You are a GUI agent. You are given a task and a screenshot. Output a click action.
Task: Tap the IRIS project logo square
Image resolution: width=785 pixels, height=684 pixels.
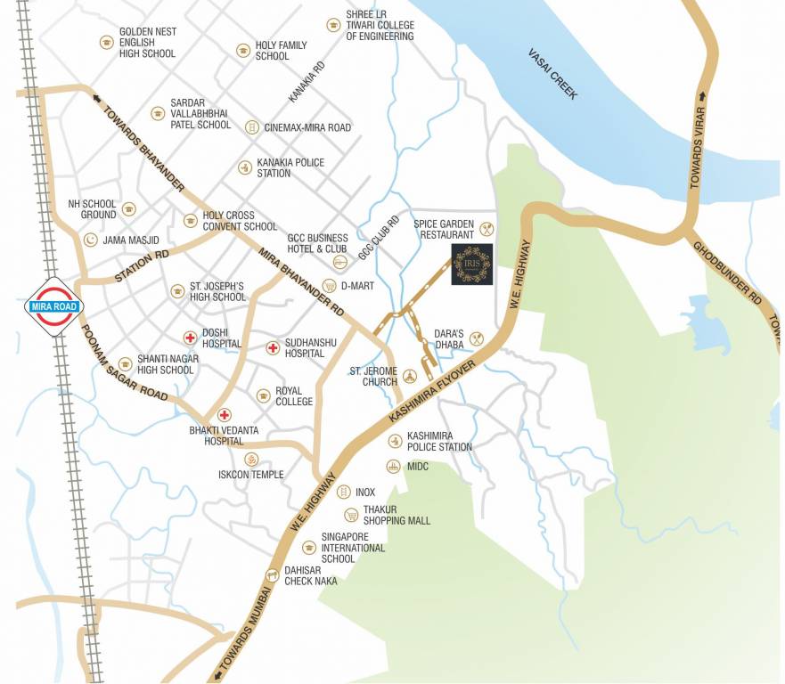click(472, 265)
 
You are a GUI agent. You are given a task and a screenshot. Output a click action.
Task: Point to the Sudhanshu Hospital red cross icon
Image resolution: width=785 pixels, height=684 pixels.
click(272, 347)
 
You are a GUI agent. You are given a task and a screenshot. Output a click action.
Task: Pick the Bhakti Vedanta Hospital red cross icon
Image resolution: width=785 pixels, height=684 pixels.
click(225, 415)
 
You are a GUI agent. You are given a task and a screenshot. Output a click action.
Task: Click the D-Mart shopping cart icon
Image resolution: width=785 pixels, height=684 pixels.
click(329, 286)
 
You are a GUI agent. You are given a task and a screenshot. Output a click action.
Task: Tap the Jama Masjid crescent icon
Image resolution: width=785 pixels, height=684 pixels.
click(90, 240)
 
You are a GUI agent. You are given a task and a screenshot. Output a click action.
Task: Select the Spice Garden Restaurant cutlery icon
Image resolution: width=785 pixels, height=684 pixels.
click(487, 228)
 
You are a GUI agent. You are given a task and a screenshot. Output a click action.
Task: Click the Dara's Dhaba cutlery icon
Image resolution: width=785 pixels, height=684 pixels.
click(477, 338)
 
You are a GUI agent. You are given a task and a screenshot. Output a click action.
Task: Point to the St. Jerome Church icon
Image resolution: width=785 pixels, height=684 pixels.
click(410, 376)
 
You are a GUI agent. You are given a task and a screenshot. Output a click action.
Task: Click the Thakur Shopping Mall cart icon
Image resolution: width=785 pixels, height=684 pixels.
click(351, 515)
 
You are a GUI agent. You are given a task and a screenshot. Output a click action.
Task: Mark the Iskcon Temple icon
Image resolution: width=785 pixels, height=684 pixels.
click(252, 460)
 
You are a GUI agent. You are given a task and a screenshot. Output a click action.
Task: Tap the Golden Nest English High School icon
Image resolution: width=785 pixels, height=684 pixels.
click(107, 43)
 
